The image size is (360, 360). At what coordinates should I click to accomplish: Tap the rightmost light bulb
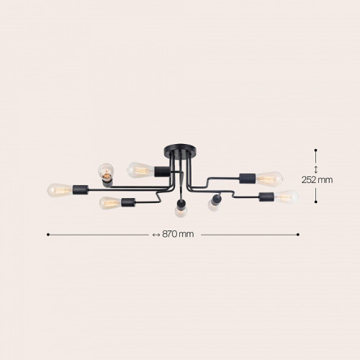click(287, 197)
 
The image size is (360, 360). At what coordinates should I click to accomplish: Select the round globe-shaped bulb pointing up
click(106, 171)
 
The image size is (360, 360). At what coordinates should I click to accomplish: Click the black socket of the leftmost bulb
click(81, 189)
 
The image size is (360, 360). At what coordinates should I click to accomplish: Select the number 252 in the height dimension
click(309, 180)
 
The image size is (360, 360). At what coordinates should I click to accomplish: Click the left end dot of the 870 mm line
click(48, 235)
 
